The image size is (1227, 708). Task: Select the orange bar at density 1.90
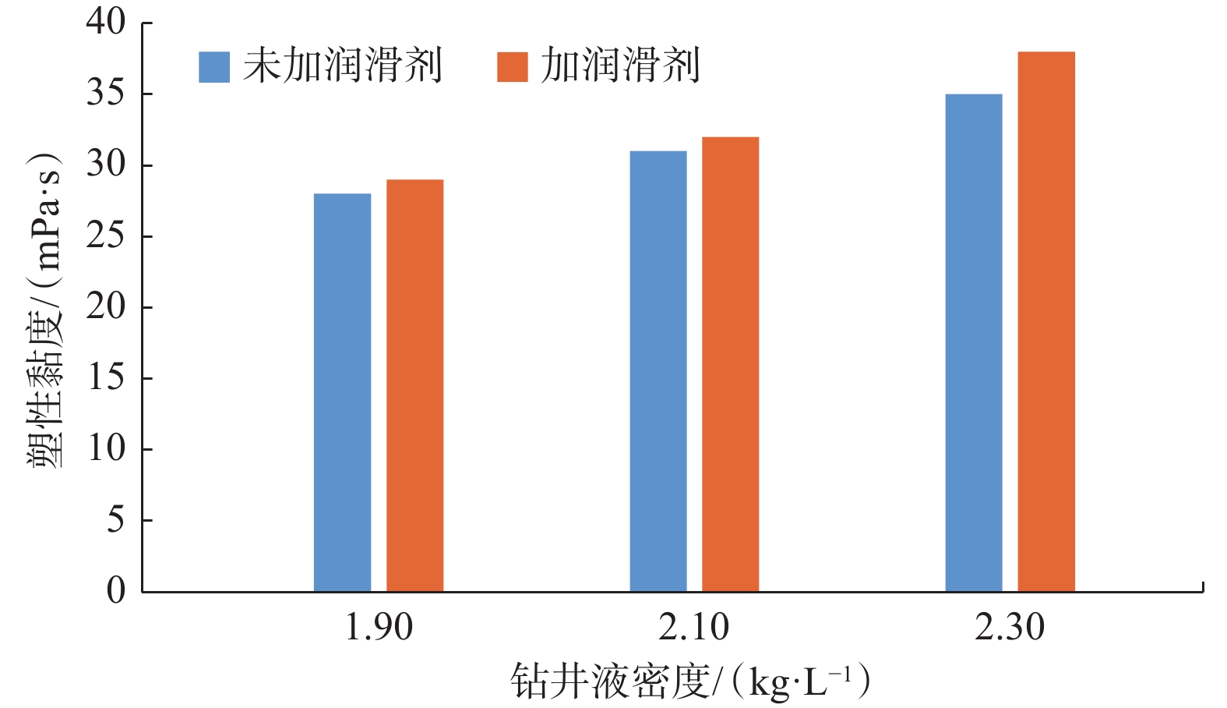coord(414,385)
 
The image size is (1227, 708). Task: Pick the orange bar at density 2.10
coord(730,364)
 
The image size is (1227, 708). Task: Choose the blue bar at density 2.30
coord(974,343)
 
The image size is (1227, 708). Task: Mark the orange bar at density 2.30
coord(1046,321)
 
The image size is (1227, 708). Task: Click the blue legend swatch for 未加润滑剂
coord(214,67)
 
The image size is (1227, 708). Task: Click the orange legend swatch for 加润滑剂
coord(513,67)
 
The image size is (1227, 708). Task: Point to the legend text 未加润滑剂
coord(343,65)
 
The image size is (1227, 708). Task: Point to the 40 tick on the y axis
coord(106,22)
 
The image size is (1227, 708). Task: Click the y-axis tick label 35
coord(106,94)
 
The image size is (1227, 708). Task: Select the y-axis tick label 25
coord(106,236)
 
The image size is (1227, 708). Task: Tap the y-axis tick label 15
coord(106,378)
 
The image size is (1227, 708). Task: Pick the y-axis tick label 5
coord(115,520)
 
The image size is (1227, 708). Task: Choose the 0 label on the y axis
coord(115,590)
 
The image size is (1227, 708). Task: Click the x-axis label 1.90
coord(379,628)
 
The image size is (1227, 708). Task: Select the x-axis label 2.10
coord(694,628)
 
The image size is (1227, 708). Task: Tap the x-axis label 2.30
coord(1010,628)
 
